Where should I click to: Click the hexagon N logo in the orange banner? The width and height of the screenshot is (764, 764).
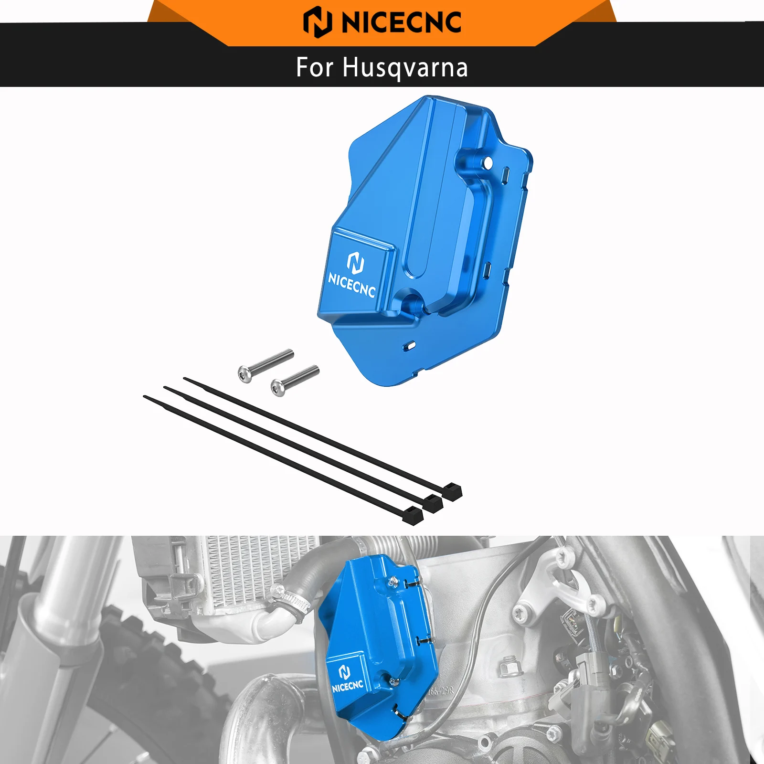[x=318, y=22]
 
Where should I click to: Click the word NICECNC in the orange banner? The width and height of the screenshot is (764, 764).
[x=401, y=22]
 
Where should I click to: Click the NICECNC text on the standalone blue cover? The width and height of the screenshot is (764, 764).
[x=351, y=285]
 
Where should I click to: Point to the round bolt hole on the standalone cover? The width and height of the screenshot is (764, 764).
[x=488, y=163]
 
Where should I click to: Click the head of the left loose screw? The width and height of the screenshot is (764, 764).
[x=245, y=373]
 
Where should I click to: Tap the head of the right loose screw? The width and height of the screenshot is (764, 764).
[x=278, y=387]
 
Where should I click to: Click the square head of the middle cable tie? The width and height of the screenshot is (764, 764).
[x=433, y=503]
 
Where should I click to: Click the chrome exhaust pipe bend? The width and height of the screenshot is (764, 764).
[x=258, y=702]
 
